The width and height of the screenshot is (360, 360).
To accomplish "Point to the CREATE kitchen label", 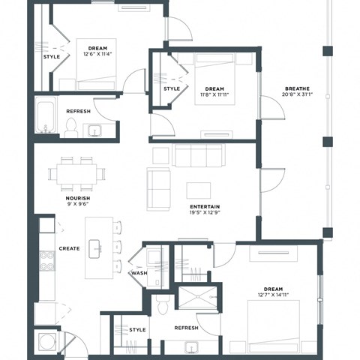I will click(x=69, y=247).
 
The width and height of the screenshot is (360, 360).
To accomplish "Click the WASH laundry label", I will click(x=139, y=273).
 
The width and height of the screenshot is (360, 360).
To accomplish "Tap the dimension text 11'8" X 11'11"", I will click(x=214, y=94).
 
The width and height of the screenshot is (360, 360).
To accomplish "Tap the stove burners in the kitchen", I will click(x=47, y=260).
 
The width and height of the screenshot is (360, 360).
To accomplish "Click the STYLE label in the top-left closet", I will click(x=51, y=55).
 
